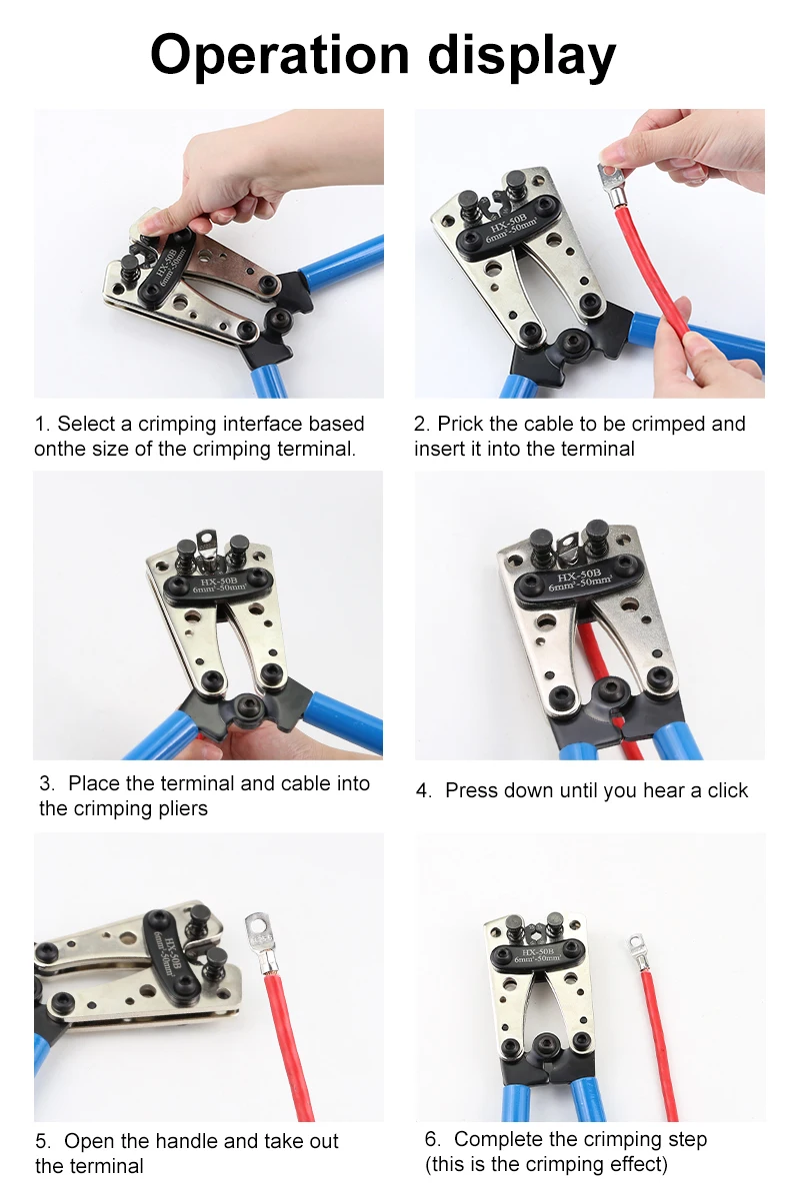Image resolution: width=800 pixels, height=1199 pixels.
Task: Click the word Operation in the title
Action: (279, 55)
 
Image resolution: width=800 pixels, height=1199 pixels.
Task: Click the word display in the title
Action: (522, 55)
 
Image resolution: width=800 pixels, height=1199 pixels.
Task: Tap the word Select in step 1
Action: (86, 424)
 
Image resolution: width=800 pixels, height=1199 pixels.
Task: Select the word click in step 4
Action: (727, 790)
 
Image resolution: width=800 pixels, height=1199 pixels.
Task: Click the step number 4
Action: (423, 790)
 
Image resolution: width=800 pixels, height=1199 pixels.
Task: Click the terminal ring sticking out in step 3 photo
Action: (207, 539)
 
